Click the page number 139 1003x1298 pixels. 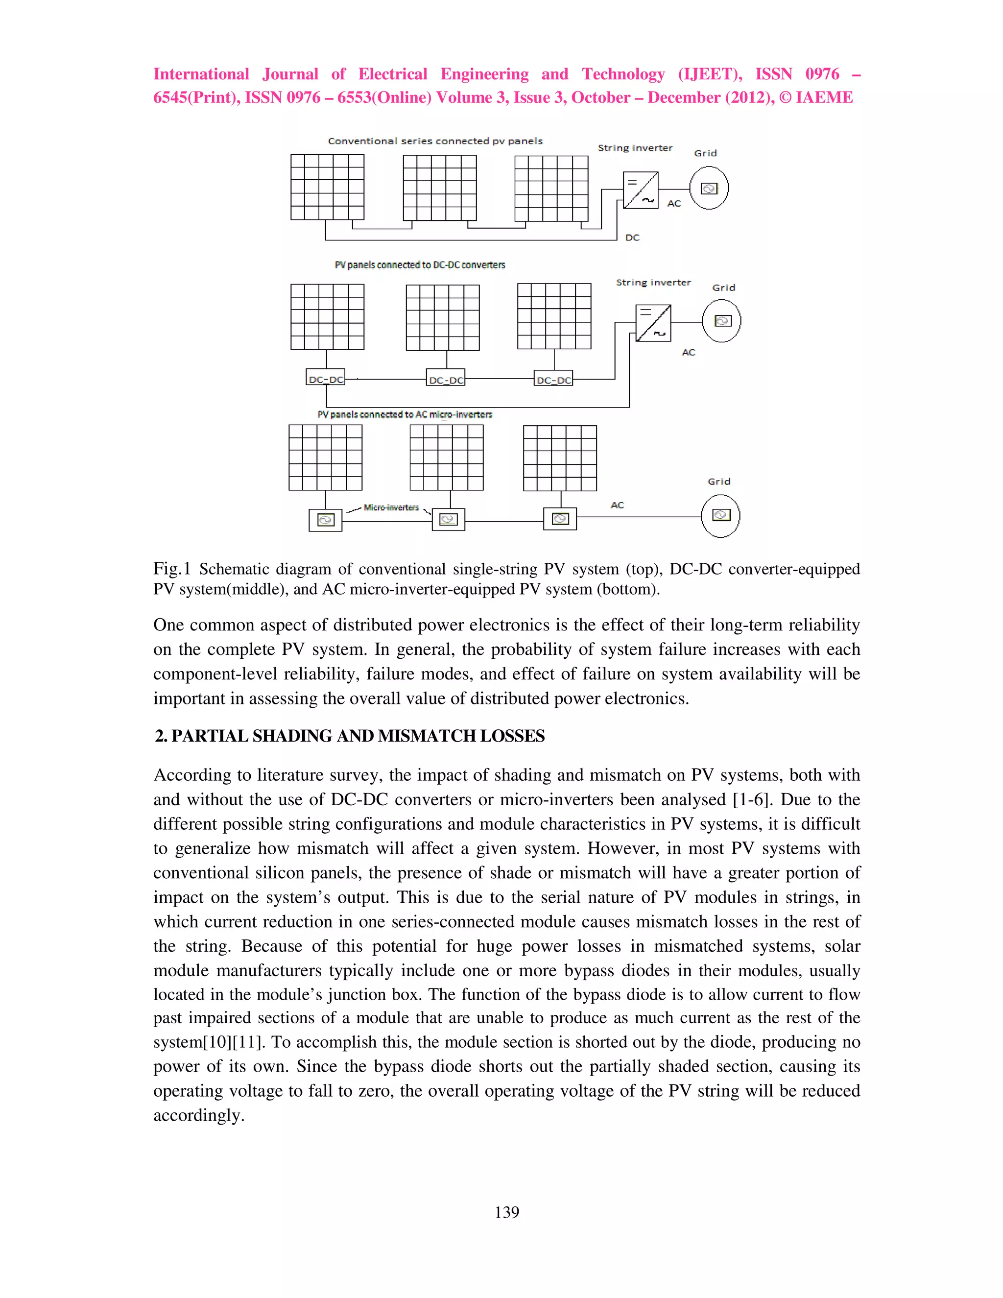pos(506,1212)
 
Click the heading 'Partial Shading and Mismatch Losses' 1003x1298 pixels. pos(350,736)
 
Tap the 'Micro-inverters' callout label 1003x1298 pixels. pos(391,507)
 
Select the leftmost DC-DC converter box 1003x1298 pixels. pos(325,379)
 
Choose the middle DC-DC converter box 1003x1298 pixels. pos(446,379)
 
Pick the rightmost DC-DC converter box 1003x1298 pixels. pos(554,379)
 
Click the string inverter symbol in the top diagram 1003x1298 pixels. pos(641,190)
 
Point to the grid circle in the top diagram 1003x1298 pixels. pos(709,189)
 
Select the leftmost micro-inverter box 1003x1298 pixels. pos(325,520)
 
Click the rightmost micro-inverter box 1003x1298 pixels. pos(560,519)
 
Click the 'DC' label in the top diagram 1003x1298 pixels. pos(632,238)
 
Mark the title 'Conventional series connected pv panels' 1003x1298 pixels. pos(435,142)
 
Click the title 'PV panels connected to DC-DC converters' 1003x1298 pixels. pos(420,265)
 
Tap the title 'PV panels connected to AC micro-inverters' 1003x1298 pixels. pos(405,414)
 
